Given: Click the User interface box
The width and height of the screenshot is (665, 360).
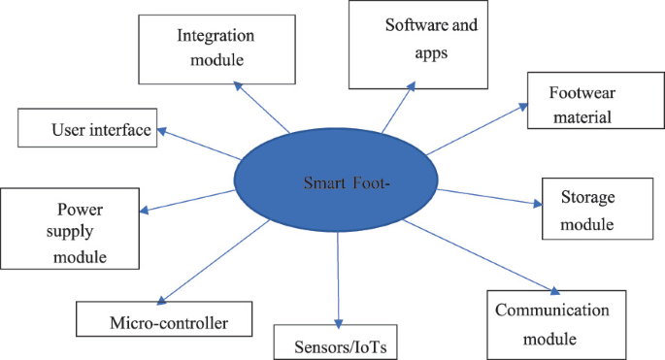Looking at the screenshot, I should click(x=87, y=127).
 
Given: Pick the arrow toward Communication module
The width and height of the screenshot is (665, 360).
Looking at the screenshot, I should click(x=481, y=256).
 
